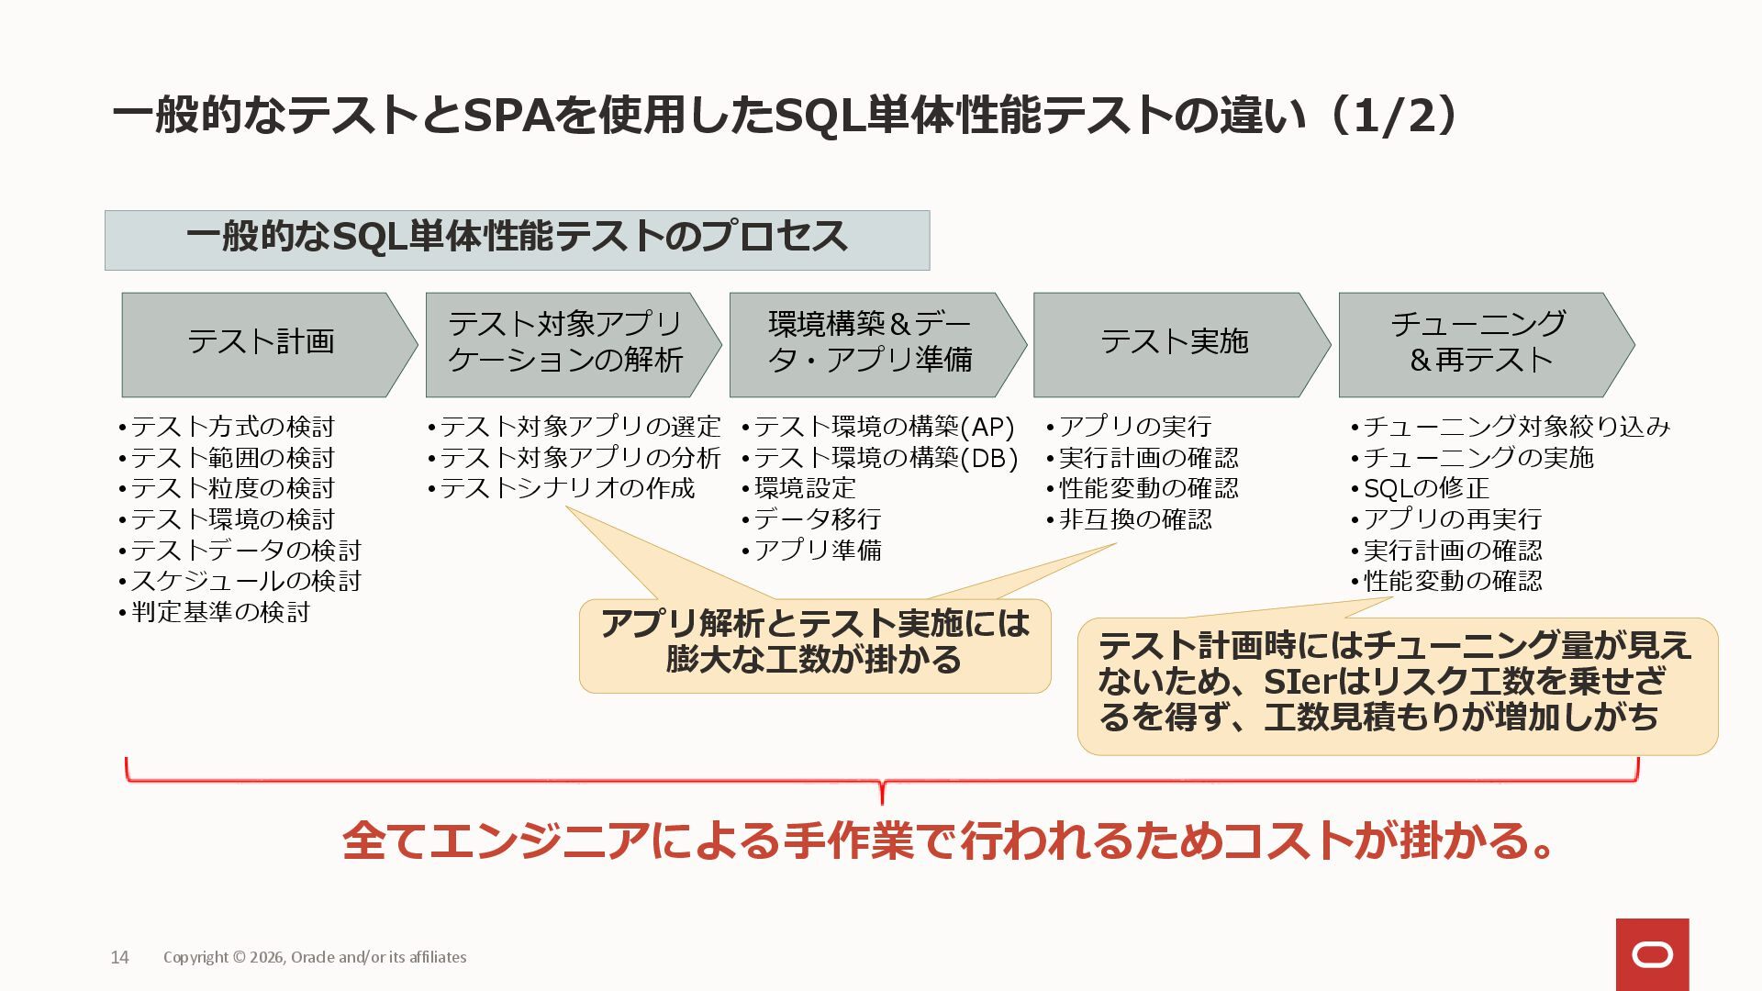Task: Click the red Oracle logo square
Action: tap(1652, 954)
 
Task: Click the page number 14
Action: tap(119, 957)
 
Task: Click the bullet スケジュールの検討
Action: tap(245, 581)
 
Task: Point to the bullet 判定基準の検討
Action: tap(220, 612)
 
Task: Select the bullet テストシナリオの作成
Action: tap(566, 488)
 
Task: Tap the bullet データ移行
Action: tap(817, 519)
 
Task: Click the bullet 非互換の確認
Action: tap(1135, 519)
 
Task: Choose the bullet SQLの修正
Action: tap(1425, 488)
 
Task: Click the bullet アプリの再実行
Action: tap(1452, 519)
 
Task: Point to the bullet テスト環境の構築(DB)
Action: tap(885, 458)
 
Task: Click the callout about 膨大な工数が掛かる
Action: tap(815, 644)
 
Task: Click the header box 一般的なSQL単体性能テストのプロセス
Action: tap(517, 239)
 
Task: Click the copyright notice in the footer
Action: tap(315, 957)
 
